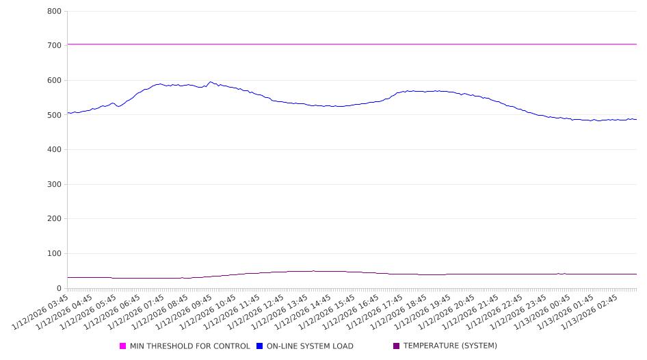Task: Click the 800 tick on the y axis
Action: (55, 12)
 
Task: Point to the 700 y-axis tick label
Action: (55, 46)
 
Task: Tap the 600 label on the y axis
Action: (55, 81)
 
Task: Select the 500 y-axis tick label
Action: (55, 115)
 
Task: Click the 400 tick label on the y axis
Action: (55, 150)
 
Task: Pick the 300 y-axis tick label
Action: (55, 185)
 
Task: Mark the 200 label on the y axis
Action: (55, 219)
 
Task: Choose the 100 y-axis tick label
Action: (55, 254)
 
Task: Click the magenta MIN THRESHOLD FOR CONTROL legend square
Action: (123, 346)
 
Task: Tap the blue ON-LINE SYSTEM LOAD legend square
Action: (260, 346)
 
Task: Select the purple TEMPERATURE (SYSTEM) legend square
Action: (397, 346)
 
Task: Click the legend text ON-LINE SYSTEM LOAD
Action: (310, 346)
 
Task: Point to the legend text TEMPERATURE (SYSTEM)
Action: (450, 346)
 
